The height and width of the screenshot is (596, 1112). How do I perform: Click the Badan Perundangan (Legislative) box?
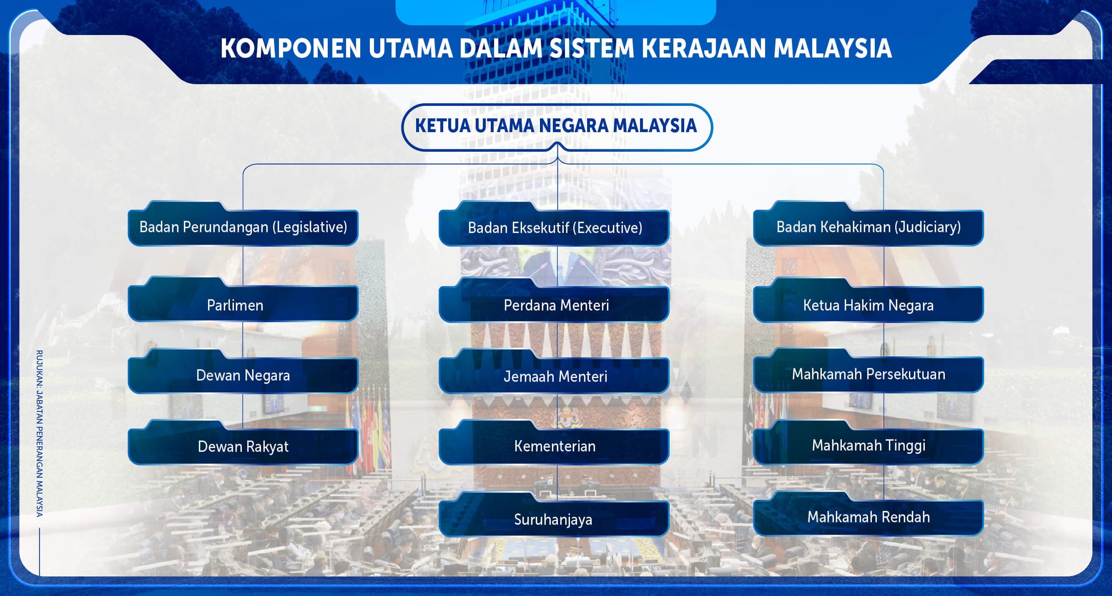click(x=243, y=228)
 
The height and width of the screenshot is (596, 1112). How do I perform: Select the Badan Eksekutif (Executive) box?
click(x=554, y=228)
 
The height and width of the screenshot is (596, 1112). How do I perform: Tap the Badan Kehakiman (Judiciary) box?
click(x=869, y=228)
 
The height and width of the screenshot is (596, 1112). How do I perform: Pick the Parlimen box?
click(x=243, y=305)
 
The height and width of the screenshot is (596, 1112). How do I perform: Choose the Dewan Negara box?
click(x=243, y=375)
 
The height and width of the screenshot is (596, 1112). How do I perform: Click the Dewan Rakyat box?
click(x=243, y=446)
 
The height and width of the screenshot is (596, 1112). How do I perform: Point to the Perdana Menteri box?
click(x=554, y=305)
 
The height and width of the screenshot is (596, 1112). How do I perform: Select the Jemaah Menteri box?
click(x=554, y=376)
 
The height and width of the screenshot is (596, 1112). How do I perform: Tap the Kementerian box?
click(x=554, y=446)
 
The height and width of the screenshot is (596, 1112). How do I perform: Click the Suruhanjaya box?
click(x=554, y=519)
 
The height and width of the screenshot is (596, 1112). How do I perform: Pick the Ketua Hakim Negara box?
click(x=869, y=305)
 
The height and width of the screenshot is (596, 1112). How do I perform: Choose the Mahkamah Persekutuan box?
click(x=869, y=374)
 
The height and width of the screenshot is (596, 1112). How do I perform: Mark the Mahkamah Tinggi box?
click(x=869, y=446)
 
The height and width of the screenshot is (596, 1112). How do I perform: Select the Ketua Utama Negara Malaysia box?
click(x=556, y=126)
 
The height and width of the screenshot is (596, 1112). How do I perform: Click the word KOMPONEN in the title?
click(x=291, y=48)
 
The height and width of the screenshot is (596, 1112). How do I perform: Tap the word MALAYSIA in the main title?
click(x=832, y=48)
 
